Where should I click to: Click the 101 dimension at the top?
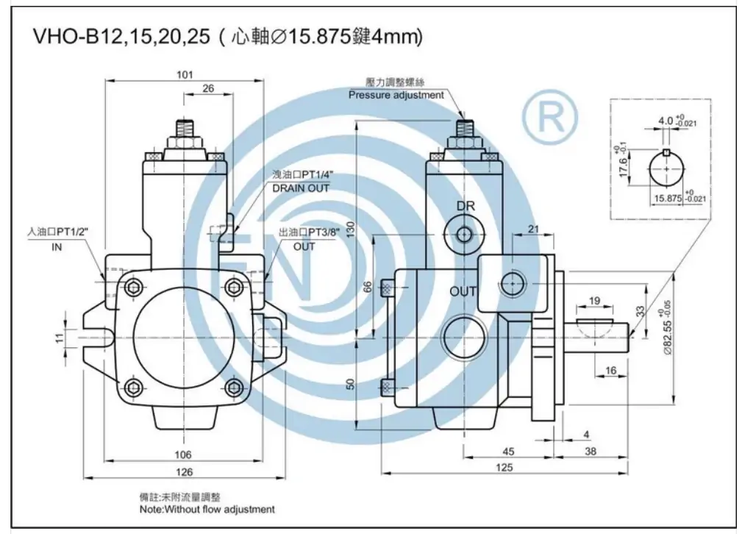click(185, 74)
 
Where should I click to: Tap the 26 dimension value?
click(208, 88)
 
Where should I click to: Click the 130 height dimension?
click(351, 230)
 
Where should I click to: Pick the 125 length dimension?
click(504, 466)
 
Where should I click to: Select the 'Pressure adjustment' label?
click(396, 95)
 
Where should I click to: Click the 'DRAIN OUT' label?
click(301, 188)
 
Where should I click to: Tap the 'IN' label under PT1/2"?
click(57, 247)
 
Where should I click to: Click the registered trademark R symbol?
click(549, 118)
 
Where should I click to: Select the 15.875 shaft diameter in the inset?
click(668, 198)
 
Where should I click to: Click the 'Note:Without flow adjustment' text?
click(207, 509)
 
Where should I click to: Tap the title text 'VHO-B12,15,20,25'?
click(121, 37)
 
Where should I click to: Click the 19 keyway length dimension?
click(595, 300)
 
